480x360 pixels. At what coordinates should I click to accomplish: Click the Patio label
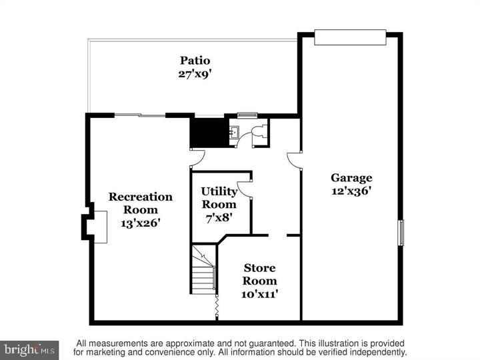(x=194, y=61)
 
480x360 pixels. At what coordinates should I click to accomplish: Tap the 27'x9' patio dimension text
(x=194, y=73)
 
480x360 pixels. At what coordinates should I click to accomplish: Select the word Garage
(x=351, y=178)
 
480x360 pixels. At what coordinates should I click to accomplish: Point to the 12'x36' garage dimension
(x=351, y=191)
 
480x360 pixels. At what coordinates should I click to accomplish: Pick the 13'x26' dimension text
(x=141, y=223)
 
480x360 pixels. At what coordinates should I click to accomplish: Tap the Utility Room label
(x=219, y=198)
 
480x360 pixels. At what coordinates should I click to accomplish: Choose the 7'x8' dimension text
(x=219, y=217)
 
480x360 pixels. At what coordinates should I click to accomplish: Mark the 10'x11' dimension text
(x=259, y=293)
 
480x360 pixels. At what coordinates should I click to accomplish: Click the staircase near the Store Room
(x=203, y=270)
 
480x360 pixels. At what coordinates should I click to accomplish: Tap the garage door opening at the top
(x=350, y=37)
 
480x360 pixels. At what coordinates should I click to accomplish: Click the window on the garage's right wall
(x=401, y=233)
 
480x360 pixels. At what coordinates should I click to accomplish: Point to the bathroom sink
(x=234, y=133)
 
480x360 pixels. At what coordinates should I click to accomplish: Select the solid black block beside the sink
(x=208, y=132)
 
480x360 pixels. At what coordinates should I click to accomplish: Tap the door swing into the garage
(x=294, y=161)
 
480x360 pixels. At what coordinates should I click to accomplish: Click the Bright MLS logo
(x=29, y=349)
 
